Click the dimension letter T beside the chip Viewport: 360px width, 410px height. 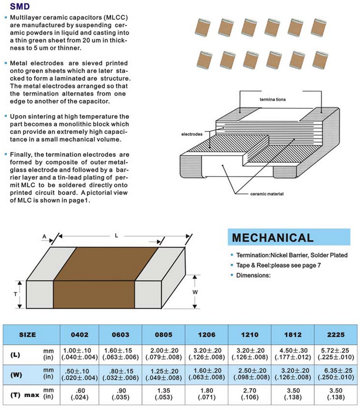(x=15, y=292)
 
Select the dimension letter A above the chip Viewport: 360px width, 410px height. (x=45, y=237)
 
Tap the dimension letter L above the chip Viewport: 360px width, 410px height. (x=116, y=234)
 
